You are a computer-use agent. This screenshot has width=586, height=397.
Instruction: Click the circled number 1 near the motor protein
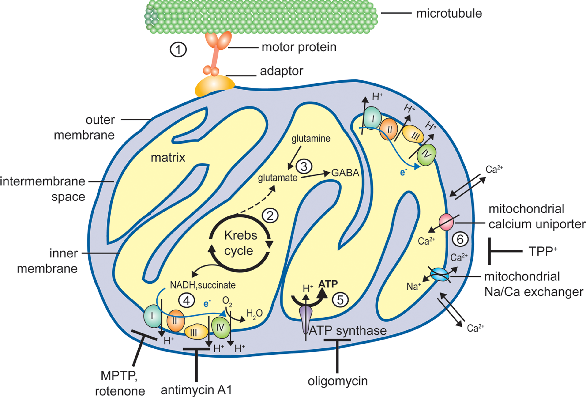(178, 49)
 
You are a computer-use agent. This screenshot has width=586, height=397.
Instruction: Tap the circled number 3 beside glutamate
(304, 166)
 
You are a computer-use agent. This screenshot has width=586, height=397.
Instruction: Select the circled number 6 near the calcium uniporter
(460, 239)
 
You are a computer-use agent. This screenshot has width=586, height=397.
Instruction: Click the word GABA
(345, 173)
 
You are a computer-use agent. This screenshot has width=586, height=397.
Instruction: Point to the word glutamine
(311, 139)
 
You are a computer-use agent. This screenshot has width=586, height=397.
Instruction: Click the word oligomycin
(338, 381)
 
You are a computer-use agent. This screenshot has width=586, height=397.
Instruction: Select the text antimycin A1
(196, 390)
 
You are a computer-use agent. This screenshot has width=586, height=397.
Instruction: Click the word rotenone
(120, 391)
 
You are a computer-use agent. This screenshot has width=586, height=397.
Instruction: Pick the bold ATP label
(328, 284)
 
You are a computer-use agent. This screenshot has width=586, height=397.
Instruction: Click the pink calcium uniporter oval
(446, 222)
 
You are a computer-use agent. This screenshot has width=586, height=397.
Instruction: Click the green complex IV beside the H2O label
(221, 327)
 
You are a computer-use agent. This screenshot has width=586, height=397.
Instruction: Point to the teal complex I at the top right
(373, 118)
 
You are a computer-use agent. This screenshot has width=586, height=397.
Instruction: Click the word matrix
(168, 158)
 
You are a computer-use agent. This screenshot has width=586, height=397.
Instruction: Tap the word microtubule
(449, 13)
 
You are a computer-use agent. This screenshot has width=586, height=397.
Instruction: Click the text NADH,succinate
(203, 285)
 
